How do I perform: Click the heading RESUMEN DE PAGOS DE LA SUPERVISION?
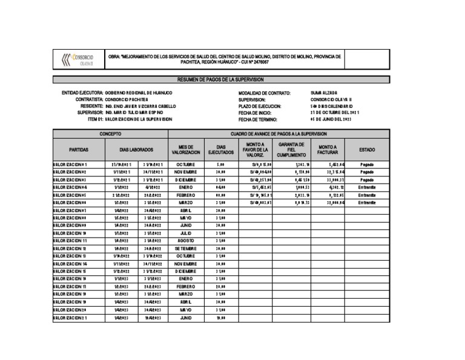[220, 79]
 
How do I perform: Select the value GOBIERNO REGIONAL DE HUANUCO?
[139, 93]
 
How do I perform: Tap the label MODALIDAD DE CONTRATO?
[265, 93]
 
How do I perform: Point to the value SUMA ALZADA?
[324, 93]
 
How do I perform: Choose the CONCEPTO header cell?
[110, 133]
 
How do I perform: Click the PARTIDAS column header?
[80, 149]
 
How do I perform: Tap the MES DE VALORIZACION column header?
[186, 149]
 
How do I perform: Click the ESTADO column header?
[367, 149]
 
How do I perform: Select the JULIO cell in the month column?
[186, 232]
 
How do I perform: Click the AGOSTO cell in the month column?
[186, 240]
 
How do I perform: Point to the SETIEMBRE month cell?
[186, 248]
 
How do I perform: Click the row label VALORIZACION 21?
[70, 317]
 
